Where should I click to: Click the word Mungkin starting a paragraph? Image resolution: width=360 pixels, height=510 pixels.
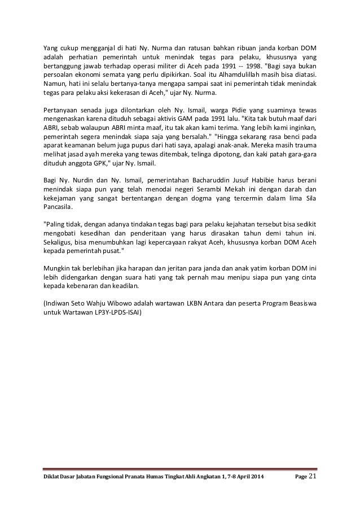point(59,268)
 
